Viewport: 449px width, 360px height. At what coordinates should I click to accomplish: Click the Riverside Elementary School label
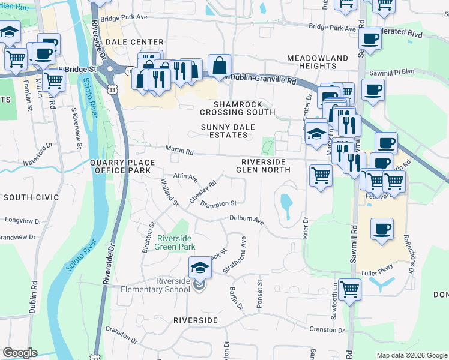click(x=173, y=286)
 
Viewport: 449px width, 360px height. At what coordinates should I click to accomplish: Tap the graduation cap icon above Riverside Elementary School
click(x=200, y=267)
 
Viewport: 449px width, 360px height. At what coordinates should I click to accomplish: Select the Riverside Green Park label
click(x=176, y=241)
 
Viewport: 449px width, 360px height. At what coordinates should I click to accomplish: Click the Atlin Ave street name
click(x=185, y=177)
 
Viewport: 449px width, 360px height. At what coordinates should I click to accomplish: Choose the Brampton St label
click(x=218, y=203)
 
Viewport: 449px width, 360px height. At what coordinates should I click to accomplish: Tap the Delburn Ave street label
click(x=247, y=220)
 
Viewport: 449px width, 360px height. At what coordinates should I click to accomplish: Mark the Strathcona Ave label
click(x=234, y=255)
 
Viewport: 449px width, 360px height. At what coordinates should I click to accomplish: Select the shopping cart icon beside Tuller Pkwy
click(x=349, y=290)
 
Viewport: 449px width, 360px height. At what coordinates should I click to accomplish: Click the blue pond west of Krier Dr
click(x=286, y=205)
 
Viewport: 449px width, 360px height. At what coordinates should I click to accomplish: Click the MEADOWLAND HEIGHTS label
click(x=317, y=62)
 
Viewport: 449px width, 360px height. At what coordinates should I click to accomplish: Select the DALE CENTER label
click(x=134, y=42)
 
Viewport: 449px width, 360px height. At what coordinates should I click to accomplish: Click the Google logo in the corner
click(x=19, y=353)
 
